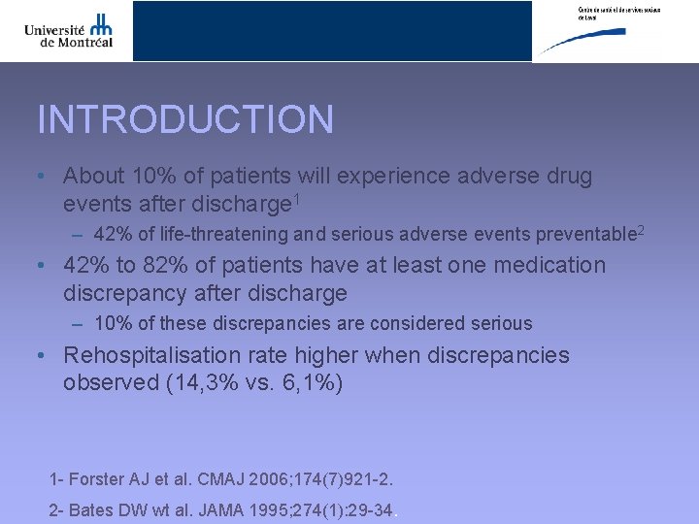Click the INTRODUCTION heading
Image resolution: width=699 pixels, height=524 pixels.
(x=185, y=120)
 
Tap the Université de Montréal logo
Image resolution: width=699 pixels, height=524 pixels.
(x=69, y=31)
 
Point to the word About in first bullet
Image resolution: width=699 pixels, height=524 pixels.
(x=94, y=177)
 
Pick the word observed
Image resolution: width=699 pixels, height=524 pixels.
(x=107, y=383)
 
